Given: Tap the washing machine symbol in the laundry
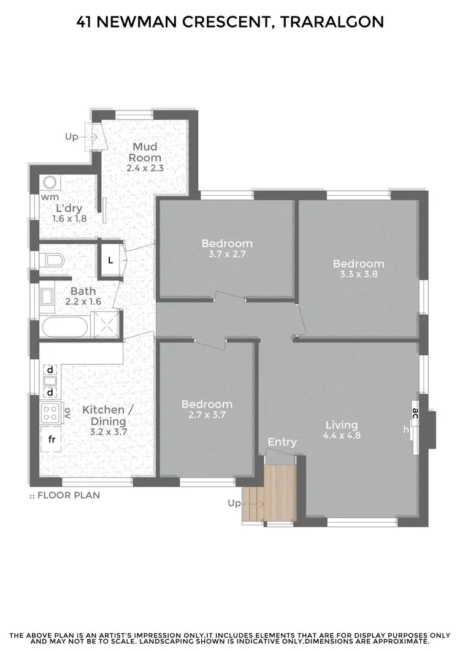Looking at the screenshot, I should (x=49, y=183).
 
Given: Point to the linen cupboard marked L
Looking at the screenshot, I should (x=110, y=260).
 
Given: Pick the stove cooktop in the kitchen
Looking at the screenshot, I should (x=50, y=411).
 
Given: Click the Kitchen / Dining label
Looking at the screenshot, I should (x=104, y=415).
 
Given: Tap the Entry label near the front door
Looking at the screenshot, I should (x=282, y=442).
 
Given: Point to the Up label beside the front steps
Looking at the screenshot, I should (x=234, y=503).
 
